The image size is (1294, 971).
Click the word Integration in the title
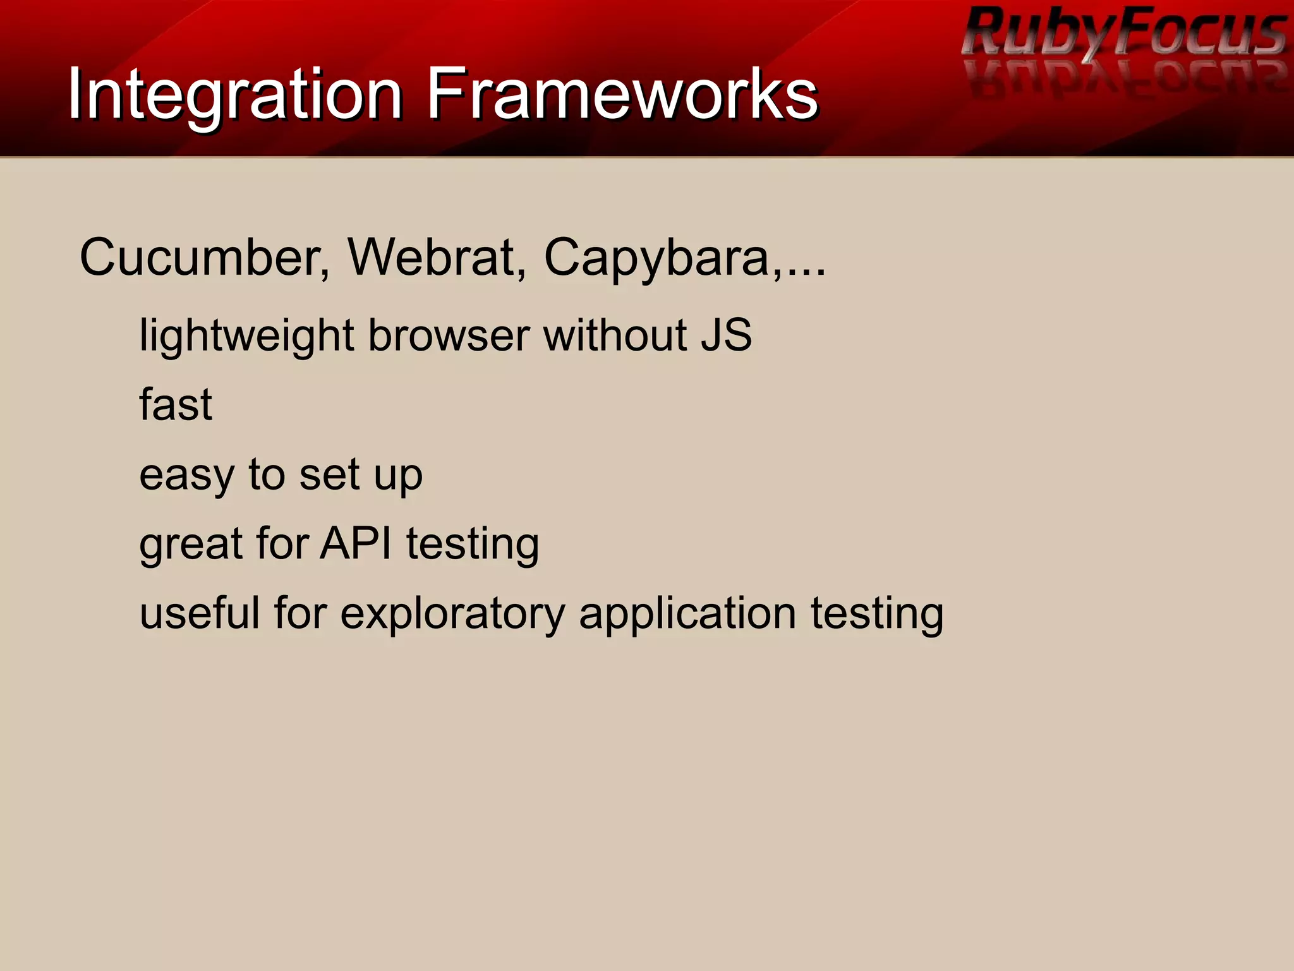(x=234, y=95)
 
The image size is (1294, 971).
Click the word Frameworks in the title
(x=622, y=95)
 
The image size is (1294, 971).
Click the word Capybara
(x=657, y=258)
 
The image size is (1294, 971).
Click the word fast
(x=176, y=404)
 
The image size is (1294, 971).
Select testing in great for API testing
(x=473, y=544)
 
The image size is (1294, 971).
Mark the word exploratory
(x=452, y=614)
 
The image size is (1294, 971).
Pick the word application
(x=687, y=614)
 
